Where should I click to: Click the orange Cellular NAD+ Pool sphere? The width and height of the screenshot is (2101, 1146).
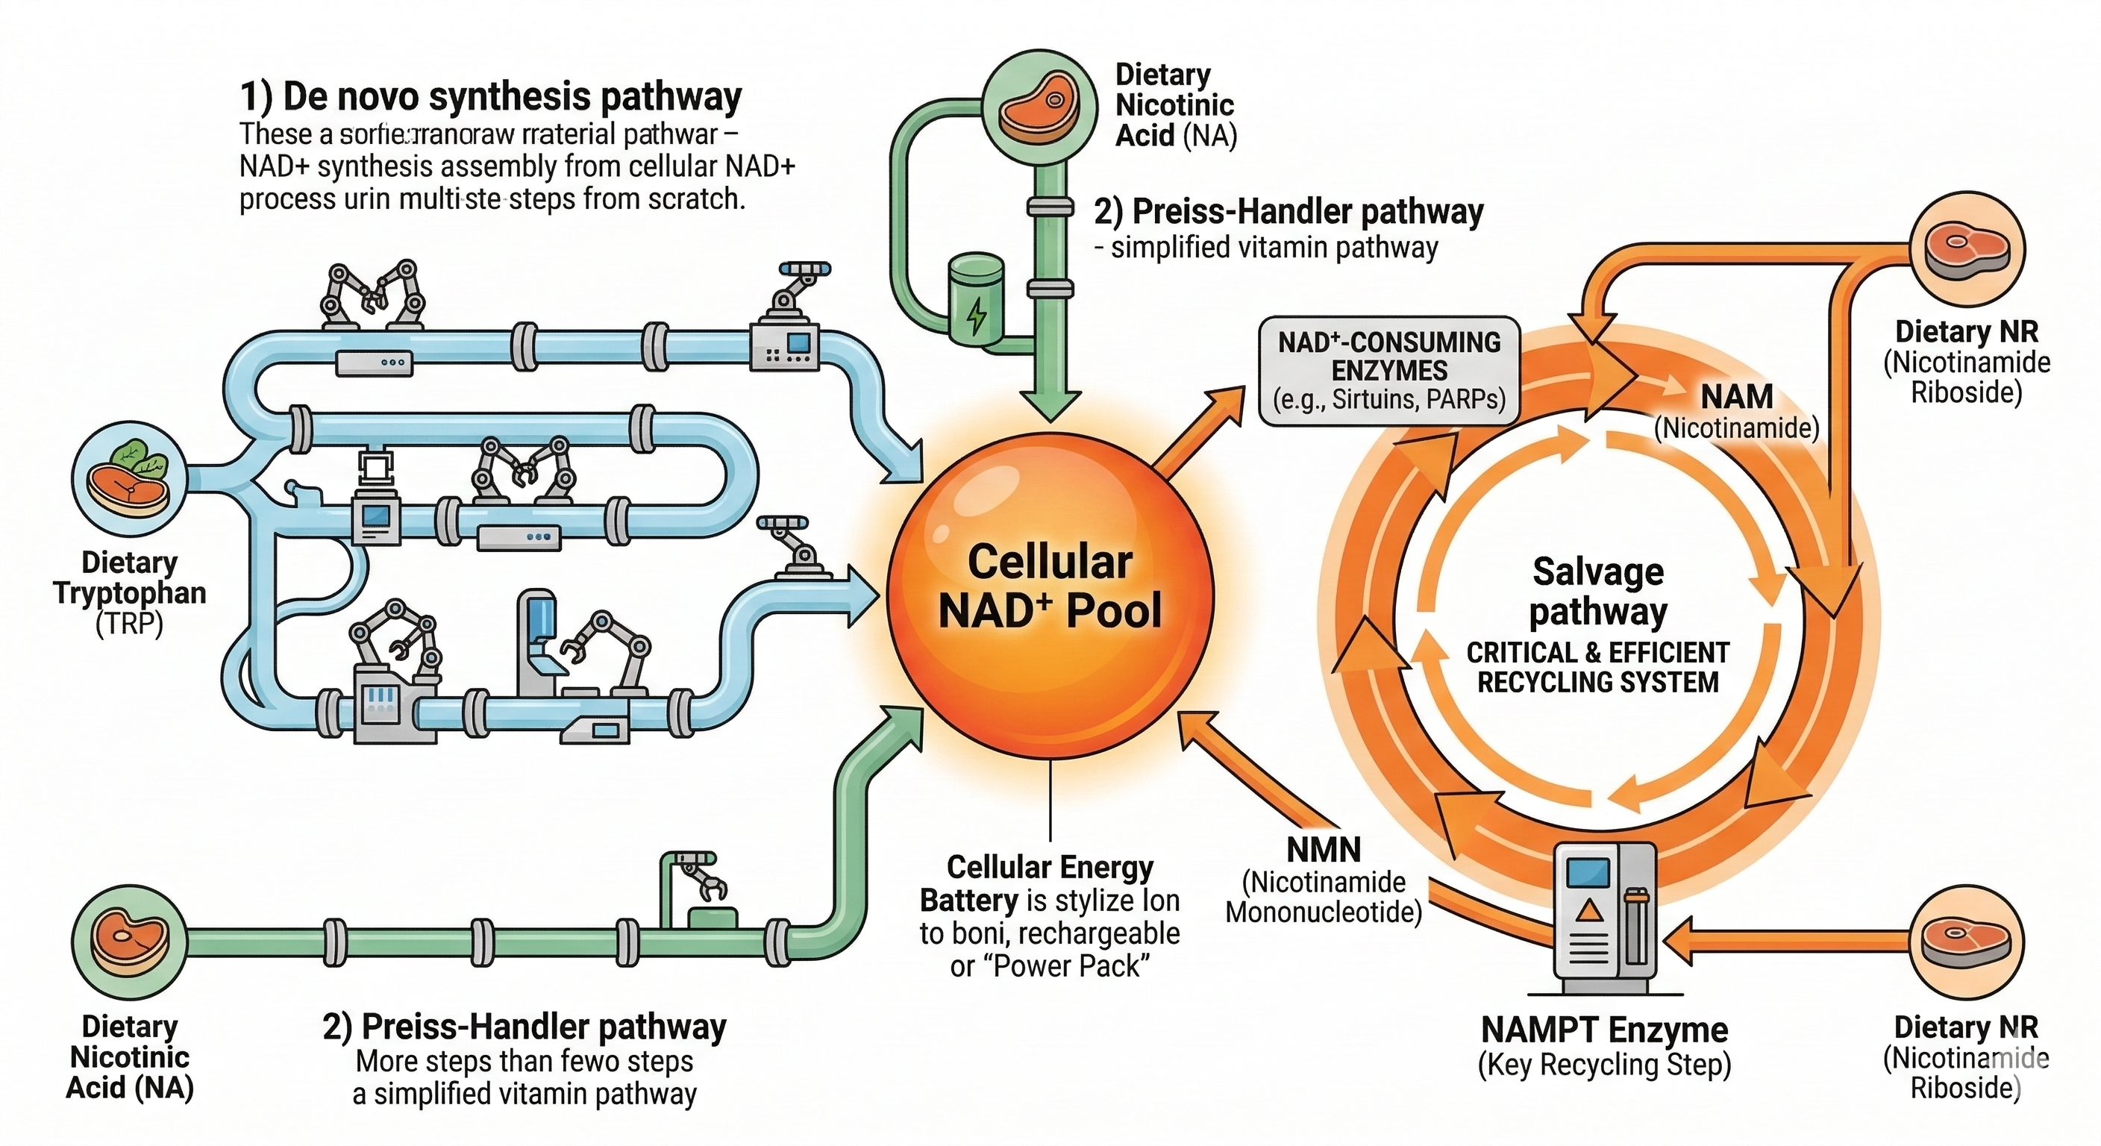coord(1050,587)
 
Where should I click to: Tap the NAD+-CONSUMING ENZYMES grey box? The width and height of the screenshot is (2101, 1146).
coord(1389,371)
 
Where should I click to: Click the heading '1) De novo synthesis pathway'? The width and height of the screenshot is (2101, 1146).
coord(490,97)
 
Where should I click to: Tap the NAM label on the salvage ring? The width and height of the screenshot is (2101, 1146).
coord(1736,397)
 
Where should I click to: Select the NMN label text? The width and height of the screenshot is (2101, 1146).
coord(1324,850)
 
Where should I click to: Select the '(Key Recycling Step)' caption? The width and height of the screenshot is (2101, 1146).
coord(1604,1065)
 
